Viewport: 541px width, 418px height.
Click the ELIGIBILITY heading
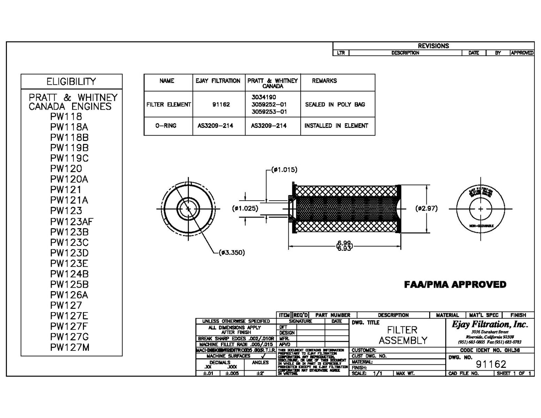71,82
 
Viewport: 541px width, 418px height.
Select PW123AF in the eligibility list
71,222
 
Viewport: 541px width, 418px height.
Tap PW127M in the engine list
70,347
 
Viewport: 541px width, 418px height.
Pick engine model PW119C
69,158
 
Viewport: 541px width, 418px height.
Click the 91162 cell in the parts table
221,104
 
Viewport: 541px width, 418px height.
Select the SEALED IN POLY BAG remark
335,104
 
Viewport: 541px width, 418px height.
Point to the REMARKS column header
324,81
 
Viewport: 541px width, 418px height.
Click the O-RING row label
166,126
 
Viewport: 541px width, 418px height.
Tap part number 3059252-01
269,104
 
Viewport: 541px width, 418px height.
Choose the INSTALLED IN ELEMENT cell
336,126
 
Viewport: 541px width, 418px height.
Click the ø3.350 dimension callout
232,253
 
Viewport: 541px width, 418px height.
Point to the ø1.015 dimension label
285,170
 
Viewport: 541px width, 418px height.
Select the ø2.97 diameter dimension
426,208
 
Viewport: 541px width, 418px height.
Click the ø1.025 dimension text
245,208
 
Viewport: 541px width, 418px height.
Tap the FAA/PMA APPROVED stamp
455,285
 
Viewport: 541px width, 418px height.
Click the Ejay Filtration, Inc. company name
490,324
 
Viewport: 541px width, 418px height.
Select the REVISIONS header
433,46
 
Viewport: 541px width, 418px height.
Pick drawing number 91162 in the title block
491,364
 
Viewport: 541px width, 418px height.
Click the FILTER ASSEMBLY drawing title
402,335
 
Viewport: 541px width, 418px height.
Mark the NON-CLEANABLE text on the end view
481,226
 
